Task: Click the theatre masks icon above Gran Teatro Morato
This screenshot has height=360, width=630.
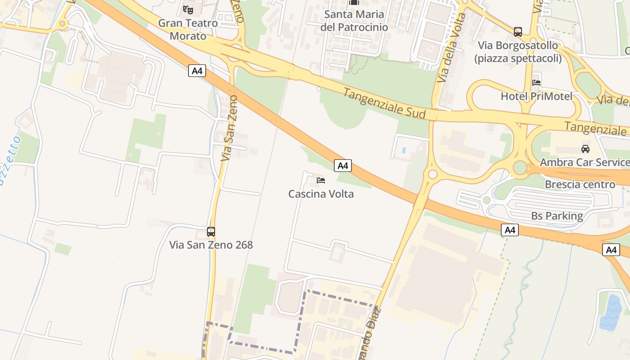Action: tap(188, 9)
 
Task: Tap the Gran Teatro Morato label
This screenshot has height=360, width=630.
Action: tap(188, 29)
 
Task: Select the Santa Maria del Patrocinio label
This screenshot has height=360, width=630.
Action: tap(354, 21)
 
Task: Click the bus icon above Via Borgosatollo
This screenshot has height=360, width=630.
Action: tap(518, 32)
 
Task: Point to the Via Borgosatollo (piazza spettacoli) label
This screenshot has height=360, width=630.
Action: tap(518, 52)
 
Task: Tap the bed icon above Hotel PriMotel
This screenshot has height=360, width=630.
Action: tap(536, 83)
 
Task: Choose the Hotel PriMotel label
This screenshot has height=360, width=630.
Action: tap(536, 96)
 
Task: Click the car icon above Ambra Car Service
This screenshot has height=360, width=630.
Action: tap(585, 149)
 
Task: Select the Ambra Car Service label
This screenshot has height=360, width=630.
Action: tap(585, 162)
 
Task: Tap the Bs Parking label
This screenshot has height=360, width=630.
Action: tap(557, 216)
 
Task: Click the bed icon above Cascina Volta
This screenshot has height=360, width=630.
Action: tap(321, 180)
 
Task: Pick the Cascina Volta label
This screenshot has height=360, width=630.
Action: tap(321, 194)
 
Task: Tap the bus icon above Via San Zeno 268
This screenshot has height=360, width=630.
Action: tap(211, 232)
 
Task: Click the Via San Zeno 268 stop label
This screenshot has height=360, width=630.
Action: tap(211, 245)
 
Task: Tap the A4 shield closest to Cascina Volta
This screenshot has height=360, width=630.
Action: tap(343, 166)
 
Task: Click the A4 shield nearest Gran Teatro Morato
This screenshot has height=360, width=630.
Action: tap(197, 71)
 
